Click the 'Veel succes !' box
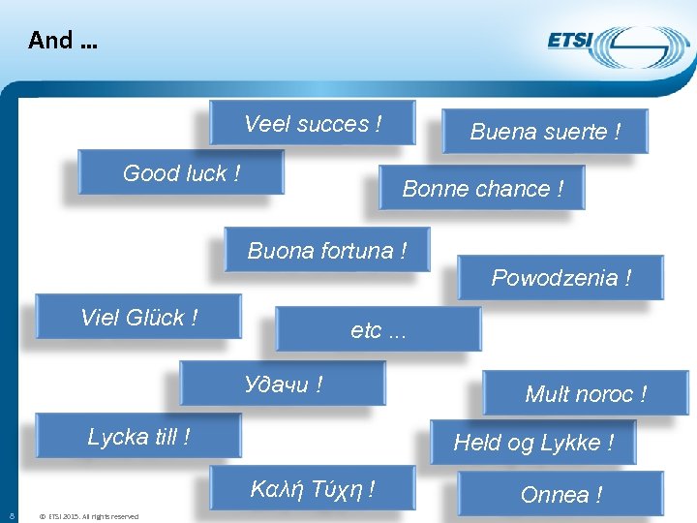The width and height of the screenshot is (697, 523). click(x=313, y=124)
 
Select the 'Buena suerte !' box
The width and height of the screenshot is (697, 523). click(x=545, y=132)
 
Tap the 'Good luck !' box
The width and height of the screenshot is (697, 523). click(x=182, y=173)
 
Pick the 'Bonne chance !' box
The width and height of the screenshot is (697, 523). click(x=482, y=189)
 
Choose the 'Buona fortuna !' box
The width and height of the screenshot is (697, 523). click(x=327, y=251)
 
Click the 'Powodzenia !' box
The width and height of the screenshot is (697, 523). click(x=561, y=278)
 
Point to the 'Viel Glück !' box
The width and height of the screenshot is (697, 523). click(x=138, y=318)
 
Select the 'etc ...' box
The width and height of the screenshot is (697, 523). click(x=379, y=330)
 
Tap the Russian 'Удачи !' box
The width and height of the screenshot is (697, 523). click(x=283, y=385)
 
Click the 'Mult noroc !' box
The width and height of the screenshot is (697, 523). click(x=586, y=394)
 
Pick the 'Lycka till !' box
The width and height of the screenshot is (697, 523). click(x=138, y=437)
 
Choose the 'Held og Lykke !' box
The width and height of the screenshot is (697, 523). click(x=533, y=443)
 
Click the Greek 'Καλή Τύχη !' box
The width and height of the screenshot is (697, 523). click(x=313, y=489)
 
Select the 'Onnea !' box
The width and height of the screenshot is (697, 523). click(x=561, y=495)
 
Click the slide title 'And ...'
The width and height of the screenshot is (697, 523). click(x=63, y=40)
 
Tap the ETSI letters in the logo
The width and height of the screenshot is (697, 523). click(x=571, y=42)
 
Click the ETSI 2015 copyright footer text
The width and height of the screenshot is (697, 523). click(x=87, y=516)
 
